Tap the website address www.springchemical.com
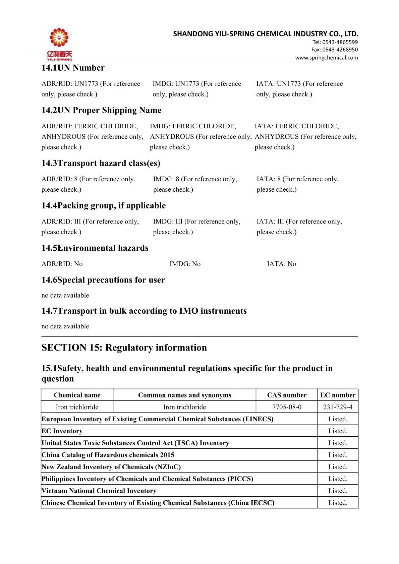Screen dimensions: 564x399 click(326, 57)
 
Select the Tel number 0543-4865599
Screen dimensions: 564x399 click(335, 42)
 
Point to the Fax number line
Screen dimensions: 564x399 click(334, 50)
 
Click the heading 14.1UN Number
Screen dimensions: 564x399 click(73, 68)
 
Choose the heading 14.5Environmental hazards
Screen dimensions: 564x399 click(95, 248)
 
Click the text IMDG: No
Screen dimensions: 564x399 click(185, 264)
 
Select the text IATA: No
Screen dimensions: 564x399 click(281, 264)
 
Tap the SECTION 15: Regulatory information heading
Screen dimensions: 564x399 click(124, 348)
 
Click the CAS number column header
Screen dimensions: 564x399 click(287, 395)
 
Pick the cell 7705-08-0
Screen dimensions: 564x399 click(287, 407)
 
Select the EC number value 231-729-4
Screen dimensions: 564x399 click(338, 407)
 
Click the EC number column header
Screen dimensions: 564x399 click(338, 395)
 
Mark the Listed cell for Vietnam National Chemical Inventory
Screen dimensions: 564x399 click(338, 491)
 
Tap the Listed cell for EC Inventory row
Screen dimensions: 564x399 click(338, 431)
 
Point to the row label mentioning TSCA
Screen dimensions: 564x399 click(135, 443)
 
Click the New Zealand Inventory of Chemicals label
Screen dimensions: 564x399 click(111, 467)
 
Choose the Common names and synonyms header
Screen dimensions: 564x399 click(184, 395)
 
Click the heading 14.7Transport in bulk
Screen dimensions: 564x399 click(144, 311)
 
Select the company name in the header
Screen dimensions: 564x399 click(266, 34)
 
